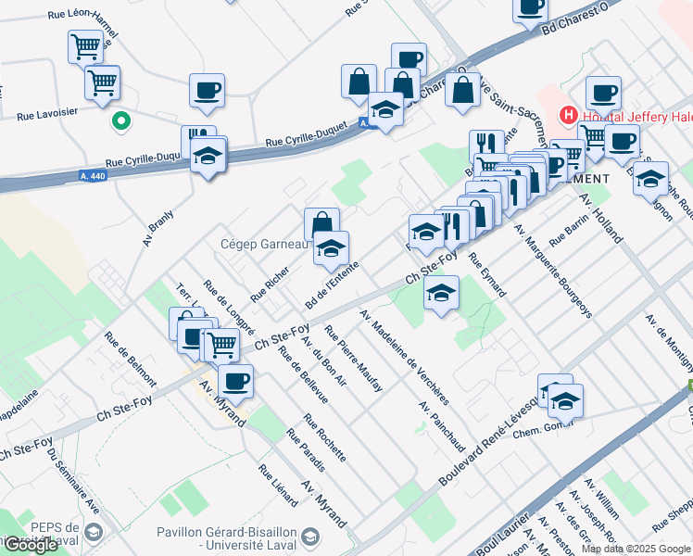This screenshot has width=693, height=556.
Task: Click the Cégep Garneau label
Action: (262, 245)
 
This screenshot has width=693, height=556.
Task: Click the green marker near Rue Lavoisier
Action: (120, 120)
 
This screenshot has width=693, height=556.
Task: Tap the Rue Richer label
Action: (271, 284)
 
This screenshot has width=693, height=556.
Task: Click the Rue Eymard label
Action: (487, 275)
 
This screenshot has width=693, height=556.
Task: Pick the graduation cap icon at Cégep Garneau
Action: (332, 248)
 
